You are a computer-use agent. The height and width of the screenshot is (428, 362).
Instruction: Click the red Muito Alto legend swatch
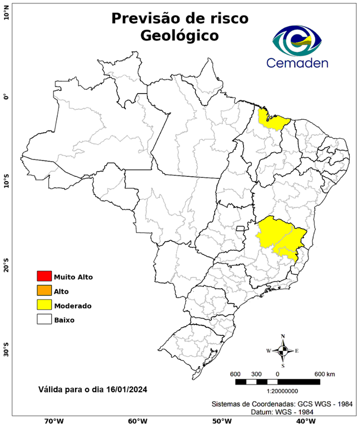pyautogui.click(x=44, y=276)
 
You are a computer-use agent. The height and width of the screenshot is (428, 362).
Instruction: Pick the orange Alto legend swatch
pyautogui.click(x=44, y=291)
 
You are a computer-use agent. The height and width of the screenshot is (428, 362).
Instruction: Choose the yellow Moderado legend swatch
pyautogui.click(x=44, y=305)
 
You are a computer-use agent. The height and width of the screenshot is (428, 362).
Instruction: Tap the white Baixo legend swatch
pyautogui.click(x=44, y=320)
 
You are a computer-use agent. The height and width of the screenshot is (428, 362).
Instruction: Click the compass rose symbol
pyautogui.click(x=283, y=351)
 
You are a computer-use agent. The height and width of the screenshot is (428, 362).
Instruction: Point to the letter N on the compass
pyautogui.click(x=283, y=336)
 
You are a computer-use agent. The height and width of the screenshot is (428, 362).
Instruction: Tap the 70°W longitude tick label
pyautogui.click(x=53, y=421)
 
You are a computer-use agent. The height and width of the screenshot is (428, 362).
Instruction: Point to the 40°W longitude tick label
pyautogui.click(x=304, y=421)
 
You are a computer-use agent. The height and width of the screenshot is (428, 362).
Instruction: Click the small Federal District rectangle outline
pyautogui.click(x=241, y=228)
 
